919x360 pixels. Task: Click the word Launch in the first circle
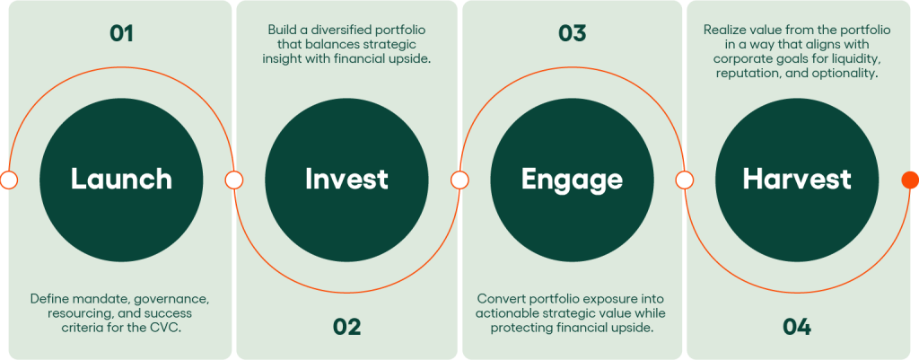tap(121, 180)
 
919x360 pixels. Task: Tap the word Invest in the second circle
tap(346, 180)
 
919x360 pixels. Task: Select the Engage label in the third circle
tap(572, 180)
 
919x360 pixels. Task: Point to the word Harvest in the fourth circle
tap(797, 180)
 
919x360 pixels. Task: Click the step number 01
tap(121, 33)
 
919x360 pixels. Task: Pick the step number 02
tap(346, 327)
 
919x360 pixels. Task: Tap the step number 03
tap(572, 33)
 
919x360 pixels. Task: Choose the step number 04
tap(797, 327)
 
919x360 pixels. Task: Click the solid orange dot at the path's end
tap(910, 180)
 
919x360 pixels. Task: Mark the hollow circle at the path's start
tap(9, 180)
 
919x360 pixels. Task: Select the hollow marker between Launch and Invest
tap(234, 180)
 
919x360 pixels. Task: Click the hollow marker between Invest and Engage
tap(459, 180)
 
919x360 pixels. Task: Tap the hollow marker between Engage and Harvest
tap(684, 180)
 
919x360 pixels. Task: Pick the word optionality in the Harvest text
tap(846, 75)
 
